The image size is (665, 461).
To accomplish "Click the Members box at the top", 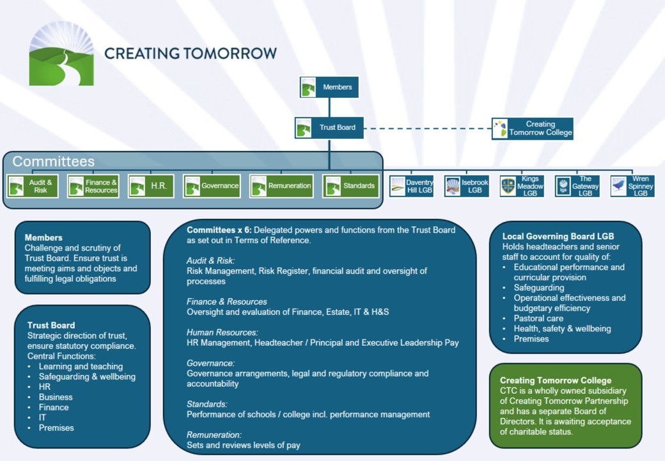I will (329, 87).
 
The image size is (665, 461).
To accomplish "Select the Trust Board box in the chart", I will (329, 127).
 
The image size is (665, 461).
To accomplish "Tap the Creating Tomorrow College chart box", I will (532, 129).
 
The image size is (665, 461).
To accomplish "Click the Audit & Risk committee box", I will (33, 186).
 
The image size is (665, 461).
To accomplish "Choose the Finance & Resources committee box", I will (93, 186).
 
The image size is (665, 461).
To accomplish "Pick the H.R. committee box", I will (151, 186).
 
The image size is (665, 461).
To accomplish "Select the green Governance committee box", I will (212, 186).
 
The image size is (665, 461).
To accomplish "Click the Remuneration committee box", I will (281, 186).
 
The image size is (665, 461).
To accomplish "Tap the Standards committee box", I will (350, 186).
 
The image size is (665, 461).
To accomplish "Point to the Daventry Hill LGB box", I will (412, 186).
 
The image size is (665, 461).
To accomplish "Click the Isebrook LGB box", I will (467, 186).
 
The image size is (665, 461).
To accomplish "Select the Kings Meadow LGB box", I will (522, 186).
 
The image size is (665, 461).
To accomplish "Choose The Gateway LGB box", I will (577, 186).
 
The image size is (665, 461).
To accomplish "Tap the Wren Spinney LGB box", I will (632, 186).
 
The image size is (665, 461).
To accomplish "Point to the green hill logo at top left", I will (61, 54).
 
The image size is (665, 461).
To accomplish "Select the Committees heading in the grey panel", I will (54, 161).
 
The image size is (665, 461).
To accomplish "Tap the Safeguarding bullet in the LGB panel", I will (539, 287).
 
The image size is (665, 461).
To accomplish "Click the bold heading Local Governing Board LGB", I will (558, 236).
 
